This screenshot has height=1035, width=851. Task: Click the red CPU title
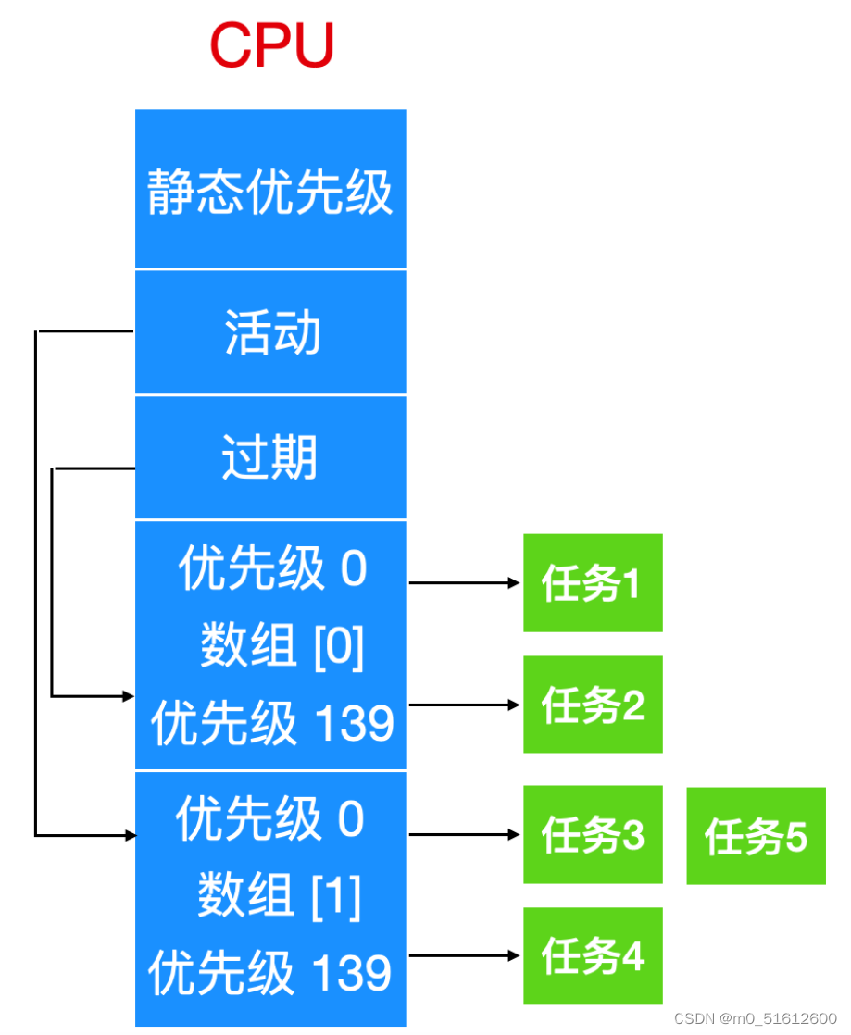coord(271,44)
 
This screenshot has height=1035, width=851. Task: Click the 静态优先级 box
coord(270,190)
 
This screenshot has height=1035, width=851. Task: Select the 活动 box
coord(270,332)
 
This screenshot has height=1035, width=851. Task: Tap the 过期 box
coord(270,457)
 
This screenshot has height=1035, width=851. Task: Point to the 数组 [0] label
coord(282,645)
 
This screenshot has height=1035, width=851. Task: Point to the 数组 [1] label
coord(279,895)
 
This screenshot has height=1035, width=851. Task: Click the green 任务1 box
coord(593,583)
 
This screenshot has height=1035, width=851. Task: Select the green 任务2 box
coord(593,705)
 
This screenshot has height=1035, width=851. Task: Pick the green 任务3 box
coord(593,835)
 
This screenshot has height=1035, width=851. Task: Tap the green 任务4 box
coord(593,956)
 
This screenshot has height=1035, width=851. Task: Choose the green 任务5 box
coord(756,836)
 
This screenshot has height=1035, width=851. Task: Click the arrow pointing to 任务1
coord(464,583)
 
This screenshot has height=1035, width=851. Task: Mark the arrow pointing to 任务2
coord(464,705)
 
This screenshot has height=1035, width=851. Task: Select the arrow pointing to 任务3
coord(464,834)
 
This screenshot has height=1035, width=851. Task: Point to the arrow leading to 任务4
coord(464,955)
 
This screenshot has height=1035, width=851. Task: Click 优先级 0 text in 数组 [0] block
coord(272,568)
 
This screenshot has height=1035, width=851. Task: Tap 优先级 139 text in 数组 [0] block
coord(272,723)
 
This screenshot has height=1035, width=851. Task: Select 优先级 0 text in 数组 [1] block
coord(270,819)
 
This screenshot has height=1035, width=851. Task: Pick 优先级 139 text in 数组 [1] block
coord(270,973)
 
